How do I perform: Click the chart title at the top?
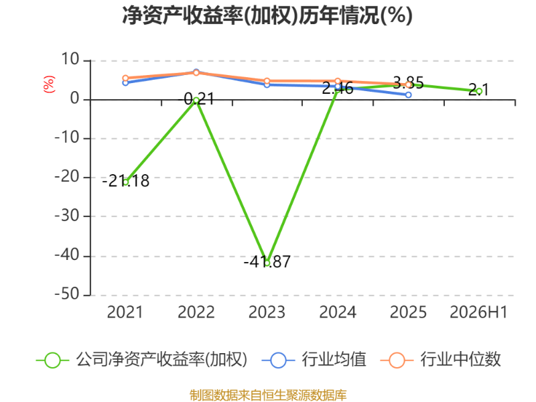click(x=267, y=15)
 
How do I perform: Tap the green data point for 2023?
click(x=267, y=263)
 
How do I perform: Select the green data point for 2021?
click(x=125, y=182)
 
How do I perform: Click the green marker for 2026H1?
click(x=479, y=91)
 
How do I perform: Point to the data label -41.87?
click(x=267, y=262)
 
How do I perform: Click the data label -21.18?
click(x=125, y=181)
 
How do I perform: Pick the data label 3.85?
click(x=409, y=82)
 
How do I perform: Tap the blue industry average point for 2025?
click(x=409, y=94)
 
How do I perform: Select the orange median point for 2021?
click(x=125, y=78)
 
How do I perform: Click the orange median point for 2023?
click(x=267, y=81)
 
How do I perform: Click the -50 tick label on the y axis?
click(x=67, y=294)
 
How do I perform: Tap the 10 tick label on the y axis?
click(x=70, y=60)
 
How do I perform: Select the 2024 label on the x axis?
click(x=338, y=312)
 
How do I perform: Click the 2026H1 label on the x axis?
click(x=478, y=312)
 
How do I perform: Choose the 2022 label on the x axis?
click(x=196, y=312)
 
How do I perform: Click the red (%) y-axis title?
click(x=49, y=84)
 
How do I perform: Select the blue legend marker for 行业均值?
click(x=278, y=360)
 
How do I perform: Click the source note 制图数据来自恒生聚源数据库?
click(x=268, y=395)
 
